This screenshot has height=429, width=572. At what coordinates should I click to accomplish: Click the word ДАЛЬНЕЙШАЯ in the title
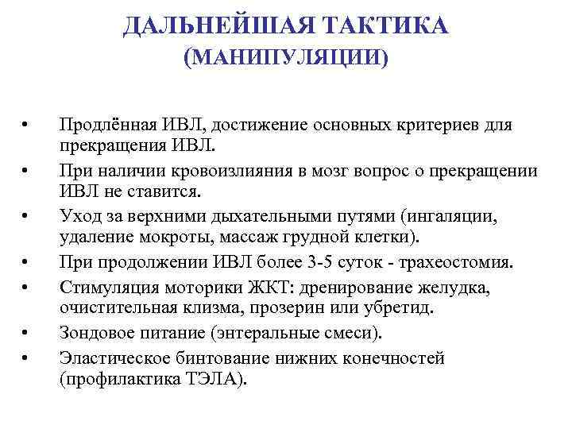tap(213, 26)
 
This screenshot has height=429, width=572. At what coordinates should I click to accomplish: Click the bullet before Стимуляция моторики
tap(25, 286)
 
